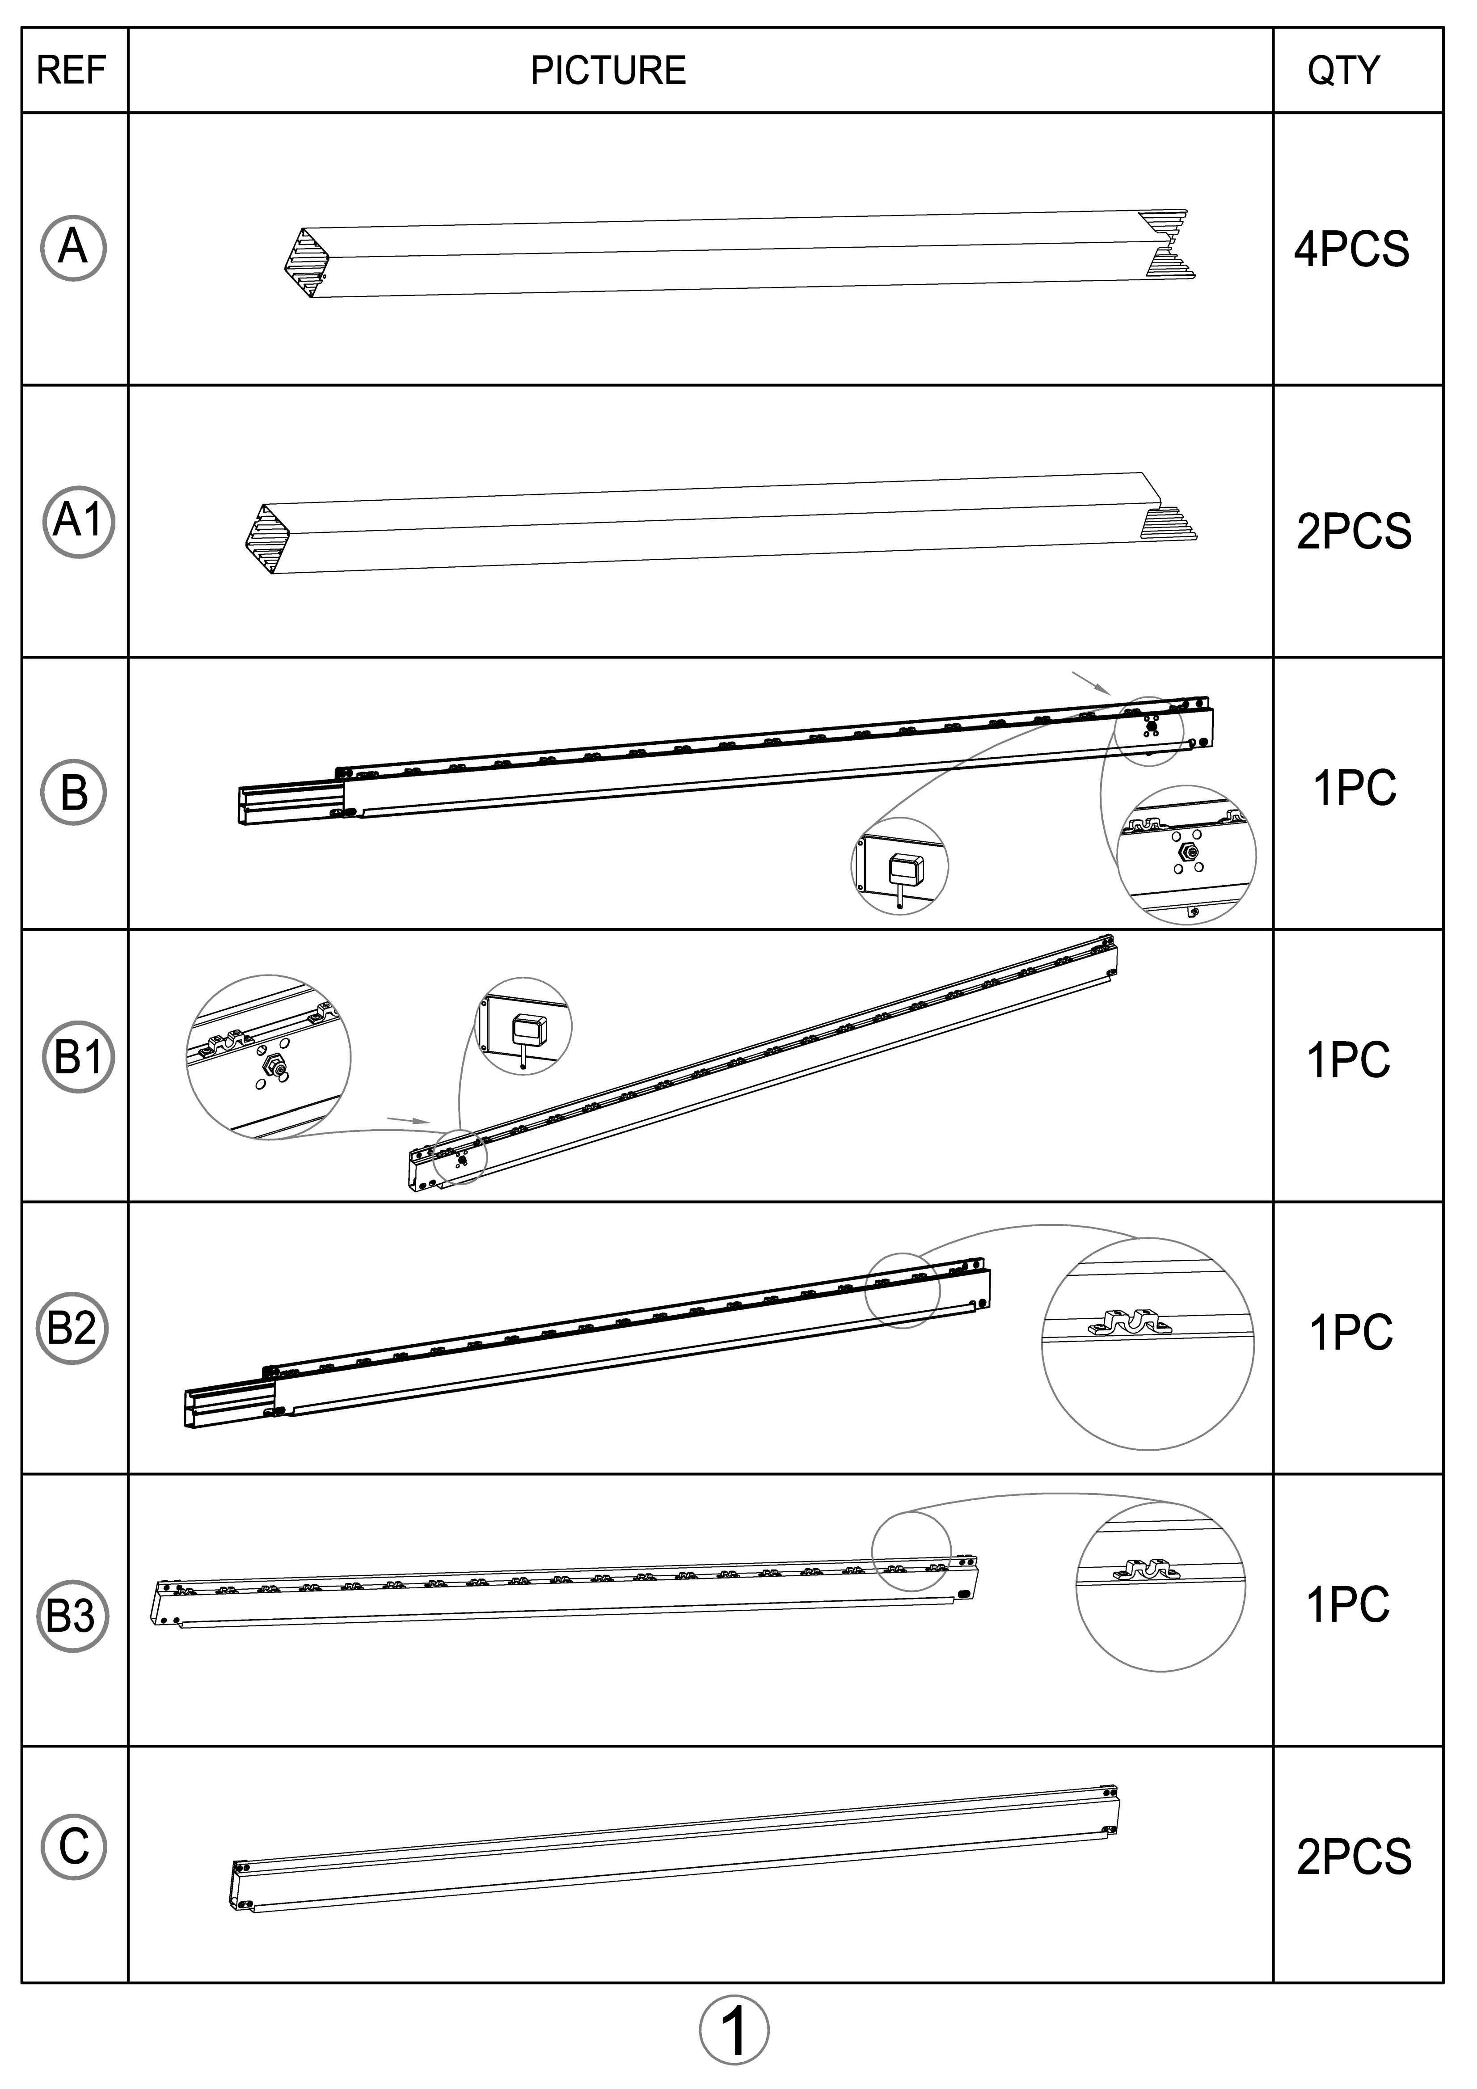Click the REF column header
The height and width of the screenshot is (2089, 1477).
[71, 70]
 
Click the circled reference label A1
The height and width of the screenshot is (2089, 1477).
[78, 521]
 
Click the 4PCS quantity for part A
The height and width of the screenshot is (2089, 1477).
[1351, 249]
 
